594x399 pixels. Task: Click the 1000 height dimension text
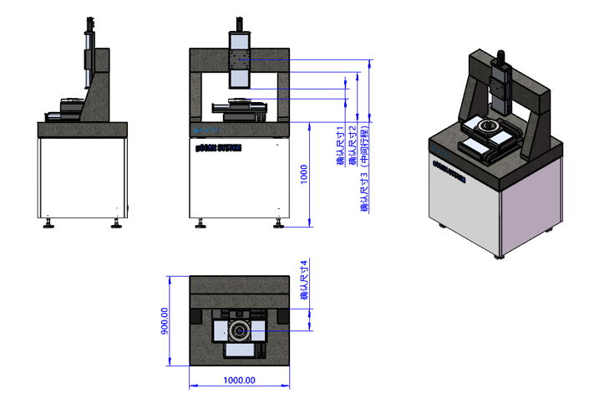tap(304, 173)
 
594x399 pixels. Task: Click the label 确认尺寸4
tap(305, 280)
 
